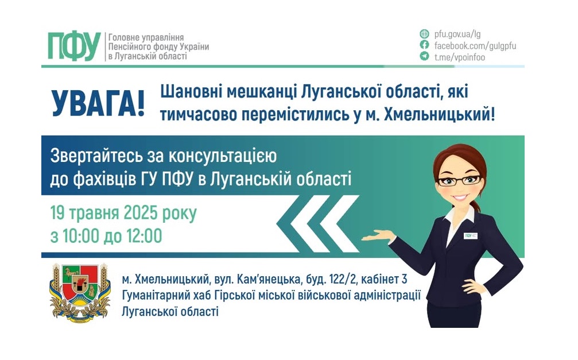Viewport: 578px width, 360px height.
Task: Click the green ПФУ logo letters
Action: pos(74,46)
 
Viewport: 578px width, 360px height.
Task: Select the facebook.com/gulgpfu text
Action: pos(475,45)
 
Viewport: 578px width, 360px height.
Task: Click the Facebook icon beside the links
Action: pos(424,45)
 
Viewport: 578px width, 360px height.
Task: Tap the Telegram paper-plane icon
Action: pos(424,56)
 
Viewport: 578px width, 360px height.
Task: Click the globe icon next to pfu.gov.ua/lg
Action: pos(424,33)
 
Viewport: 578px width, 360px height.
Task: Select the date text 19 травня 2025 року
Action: pos(123,214)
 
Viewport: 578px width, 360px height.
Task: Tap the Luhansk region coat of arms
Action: pos(79,292)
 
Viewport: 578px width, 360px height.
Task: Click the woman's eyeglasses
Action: pos(459,180)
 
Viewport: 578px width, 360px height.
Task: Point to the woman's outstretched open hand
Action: pos(378,236)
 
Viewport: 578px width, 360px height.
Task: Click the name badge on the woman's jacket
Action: pos(471,235)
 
